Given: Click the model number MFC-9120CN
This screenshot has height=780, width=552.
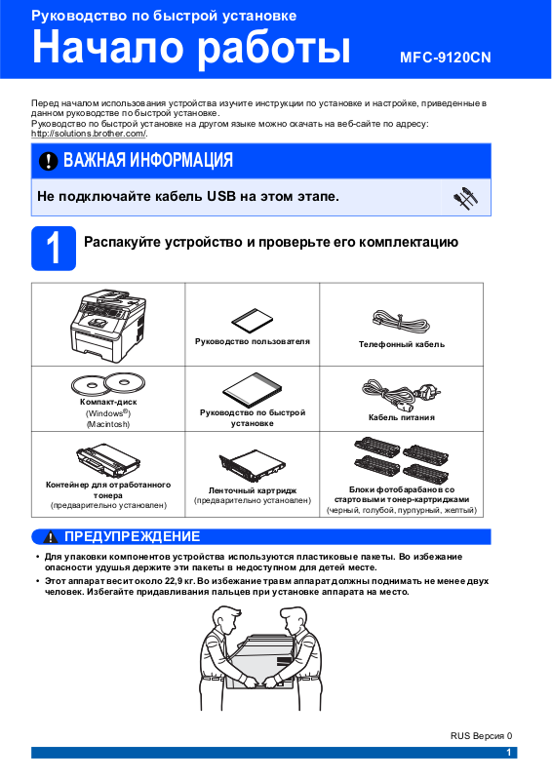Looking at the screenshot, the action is pos(446,58).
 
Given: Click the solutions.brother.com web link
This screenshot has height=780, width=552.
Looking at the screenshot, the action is pos(89,134).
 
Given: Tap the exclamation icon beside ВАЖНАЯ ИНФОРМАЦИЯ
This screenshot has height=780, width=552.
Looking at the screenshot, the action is pos(49,161).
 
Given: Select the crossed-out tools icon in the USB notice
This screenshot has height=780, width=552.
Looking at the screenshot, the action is pos(465,198).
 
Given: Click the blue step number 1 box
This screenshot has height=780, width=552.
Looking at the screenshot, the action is pos(54,249).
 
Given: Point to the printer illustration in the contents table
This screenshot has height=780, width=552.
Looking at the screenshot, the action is pos(108,325).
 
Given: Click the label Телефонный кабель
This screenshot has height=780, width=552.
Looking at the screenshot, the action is pos(402,344).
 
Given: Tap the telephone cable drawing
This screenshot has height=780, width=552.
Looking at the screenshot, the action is pos(401,322).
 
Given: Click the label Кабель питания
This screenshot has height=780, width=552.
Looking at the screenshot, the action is pos(402,417).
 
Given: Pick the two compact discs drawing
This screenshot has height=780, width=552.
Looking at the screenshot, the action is pos(108,383).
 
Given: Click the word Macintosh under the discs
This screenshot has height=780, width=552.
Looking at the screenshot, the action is pos(108,424).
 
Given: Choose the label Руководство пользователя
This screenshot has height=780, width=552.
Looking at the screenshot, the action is pos(253,342).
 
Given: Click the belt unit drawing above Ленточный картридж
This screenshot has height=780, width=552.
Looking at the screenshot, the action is pos(253,465).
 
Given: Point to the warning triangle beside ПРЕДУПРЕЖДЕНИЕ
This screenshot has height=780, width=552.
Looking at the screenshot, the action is pos(51,537).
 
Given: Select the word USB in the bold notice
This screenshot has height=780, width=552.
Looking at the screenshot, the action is pos(221,197).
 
